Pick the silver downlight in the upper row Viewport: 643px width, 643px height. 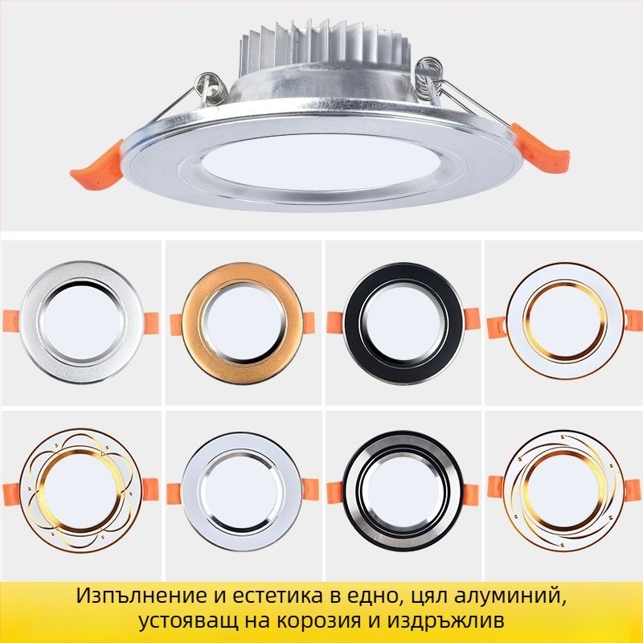coord(80,321)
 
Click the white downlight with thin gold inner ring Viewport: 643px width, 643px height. coord(562,321)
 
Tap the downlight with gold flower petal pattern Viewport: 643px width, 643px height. coord(80,487)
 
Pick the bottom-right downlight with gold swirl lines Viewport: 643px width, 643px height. coord(562,487)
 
